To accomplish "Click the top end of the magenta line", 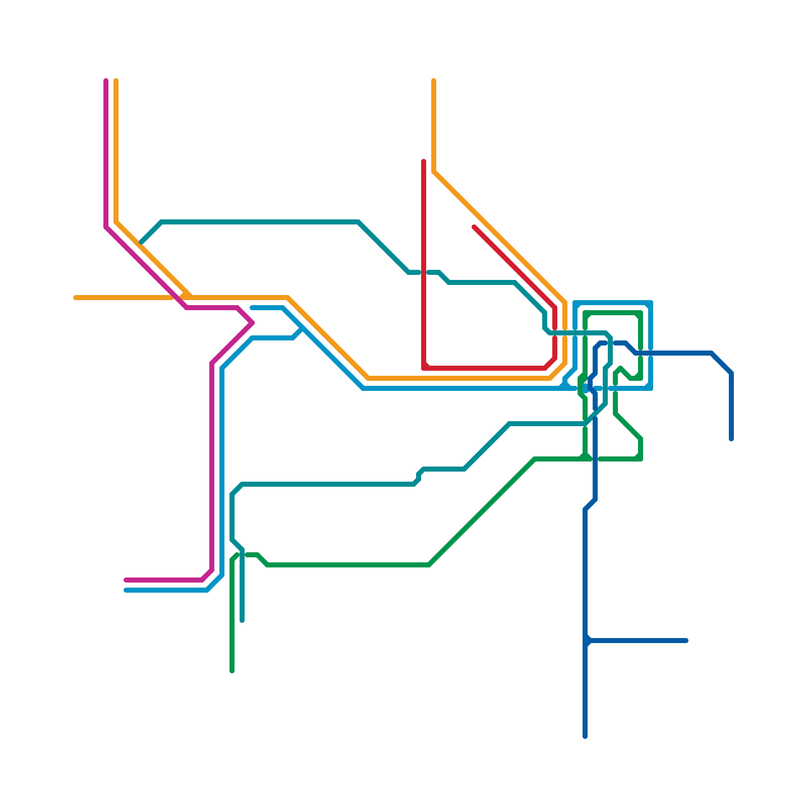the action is [106, 81].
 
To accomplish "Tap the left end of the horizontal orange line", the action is [75, 298].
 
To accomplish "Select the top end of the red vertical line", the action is [424, 161].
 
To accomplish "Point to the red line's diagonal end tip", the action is [474, 227].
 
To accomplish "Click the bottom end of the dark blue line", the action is [585, 736].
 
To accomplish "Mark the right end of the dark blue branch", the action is [686, 641].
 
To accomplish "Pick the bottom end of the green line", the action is [232, 671].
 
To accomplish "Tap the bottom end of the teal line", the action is [242, 620].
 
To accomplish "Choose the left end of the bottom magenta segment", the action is [126, 580].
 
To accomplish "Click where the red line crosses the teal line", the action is [424, 272].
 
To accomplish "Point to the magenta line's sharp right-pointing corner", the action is [252, 323].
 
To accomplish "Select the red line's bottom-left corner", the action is [424, 368].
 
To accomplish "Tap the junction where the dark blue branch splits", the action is [586, 641].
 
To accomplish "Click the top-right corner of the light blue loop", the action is [651, 303].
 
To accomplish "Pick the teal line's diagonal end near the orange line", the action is [142, 242].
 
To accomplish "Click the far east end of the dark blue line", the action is [731, 439].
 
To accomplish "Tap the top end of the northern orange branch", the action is [434, 81].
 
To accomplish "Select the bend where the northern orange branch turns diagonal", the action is [434, 171].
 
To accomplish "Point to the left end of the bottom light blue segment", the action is [126, 590].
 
